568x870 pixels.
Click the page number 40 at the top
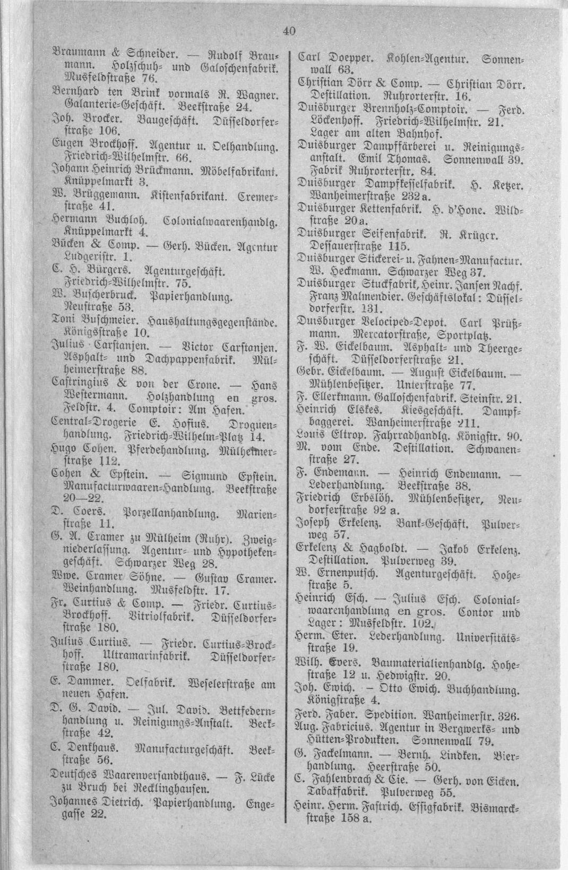(289, 31)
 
